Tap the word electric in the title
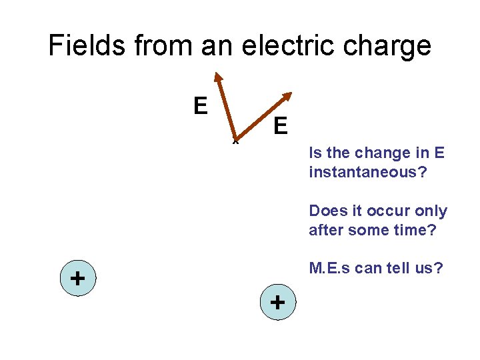[x=259, y=46]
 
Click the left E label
[x=199, y=105]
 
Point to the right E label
[x=280, y=125]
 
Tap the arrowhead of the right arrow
[x=287, y=96]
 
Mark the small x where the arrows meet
[x=235, y=141]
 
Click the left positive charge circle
[x=77, y=277]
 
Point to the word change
[x=386, y=153]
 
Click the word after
[x=326, y=230]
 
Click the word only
[x=432, y=211]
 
